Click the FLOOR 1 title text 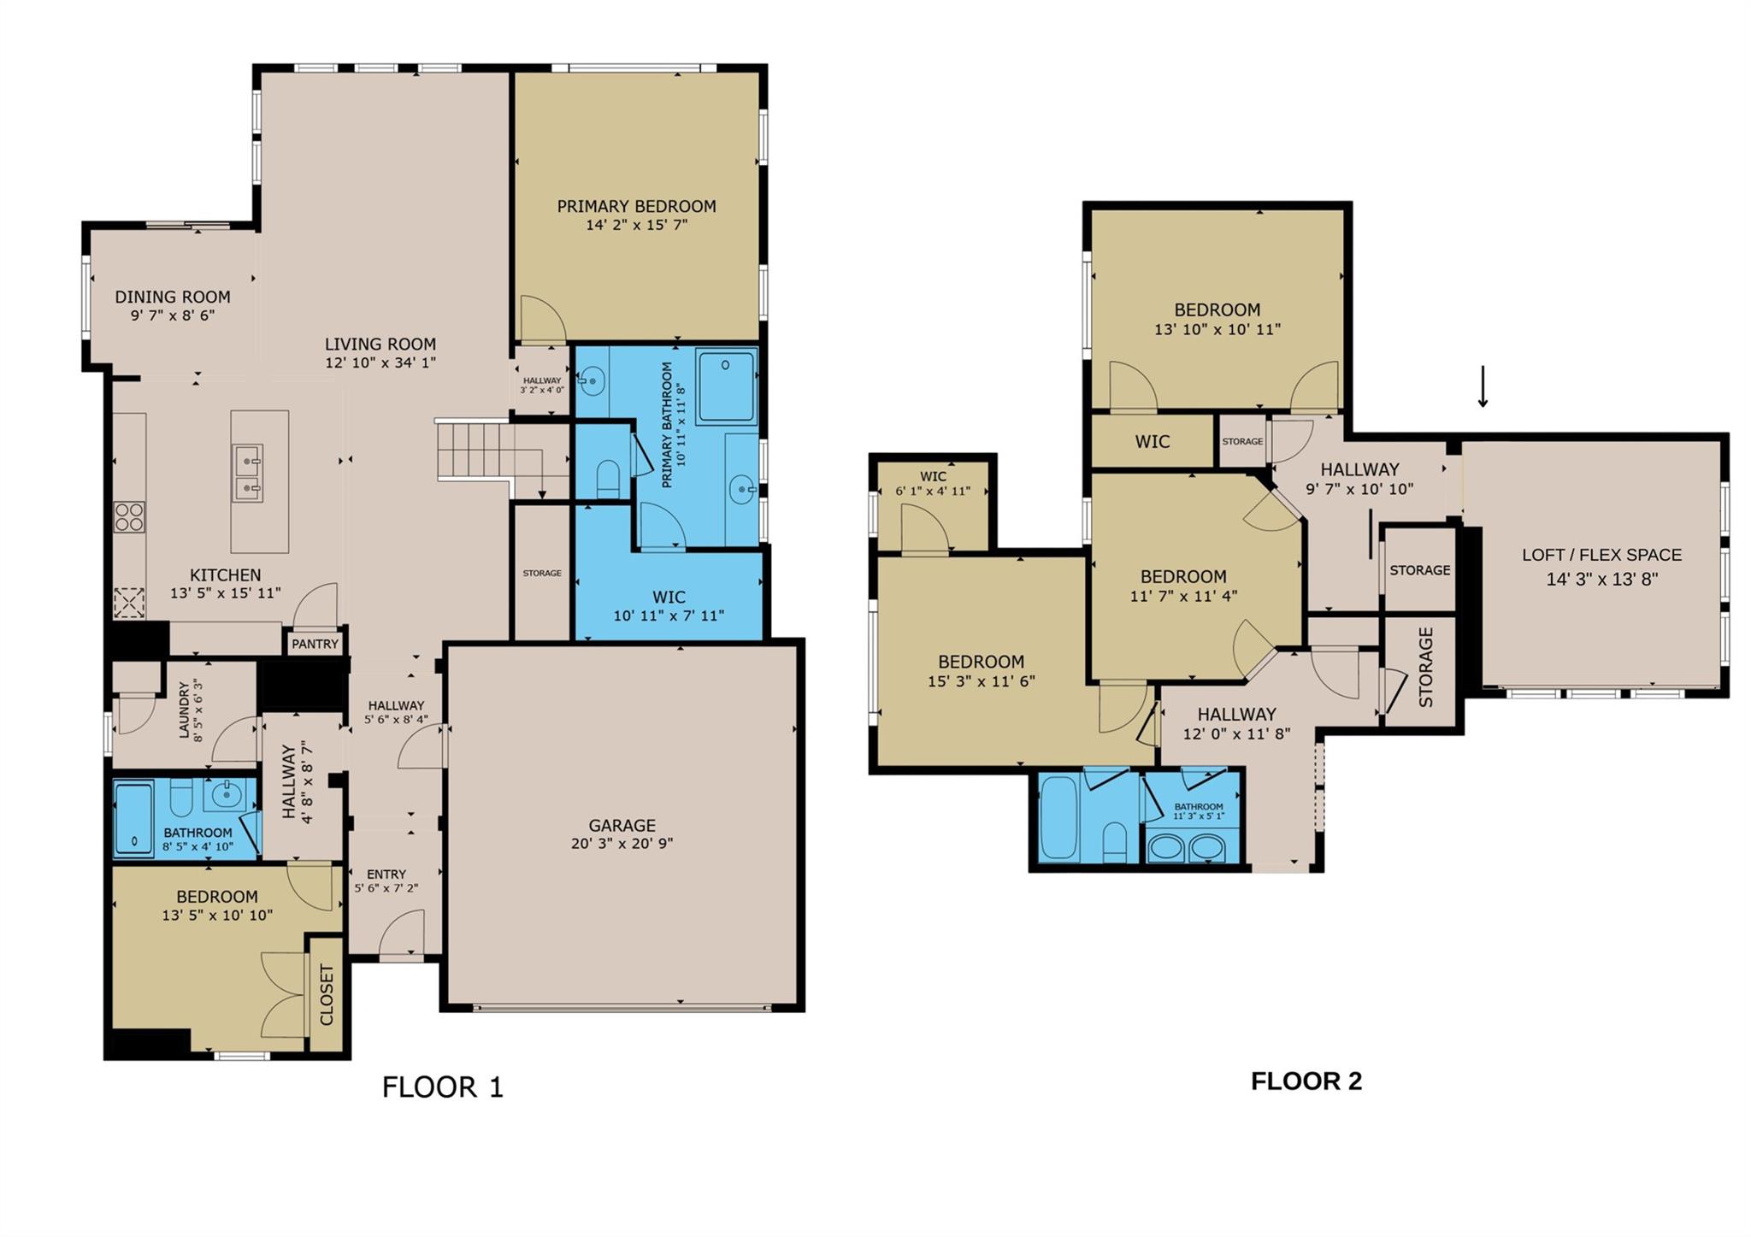442,1087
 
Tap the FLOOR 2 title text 1306,1081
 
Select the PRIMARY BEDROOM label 636,206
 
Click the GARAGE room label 622,825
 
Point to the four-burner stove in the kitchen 129,517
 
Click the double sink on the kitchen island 249,474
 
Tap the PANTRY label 315,644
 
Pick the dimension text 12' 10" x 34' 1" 380,362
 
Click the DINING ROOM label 173,297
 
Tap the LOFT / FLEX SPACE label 1601,555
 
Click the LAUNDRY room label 183,710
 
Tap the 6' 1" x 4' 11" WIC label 933,492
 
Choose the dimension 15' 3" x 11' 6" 981,681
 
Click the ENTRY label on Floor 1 386,874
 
